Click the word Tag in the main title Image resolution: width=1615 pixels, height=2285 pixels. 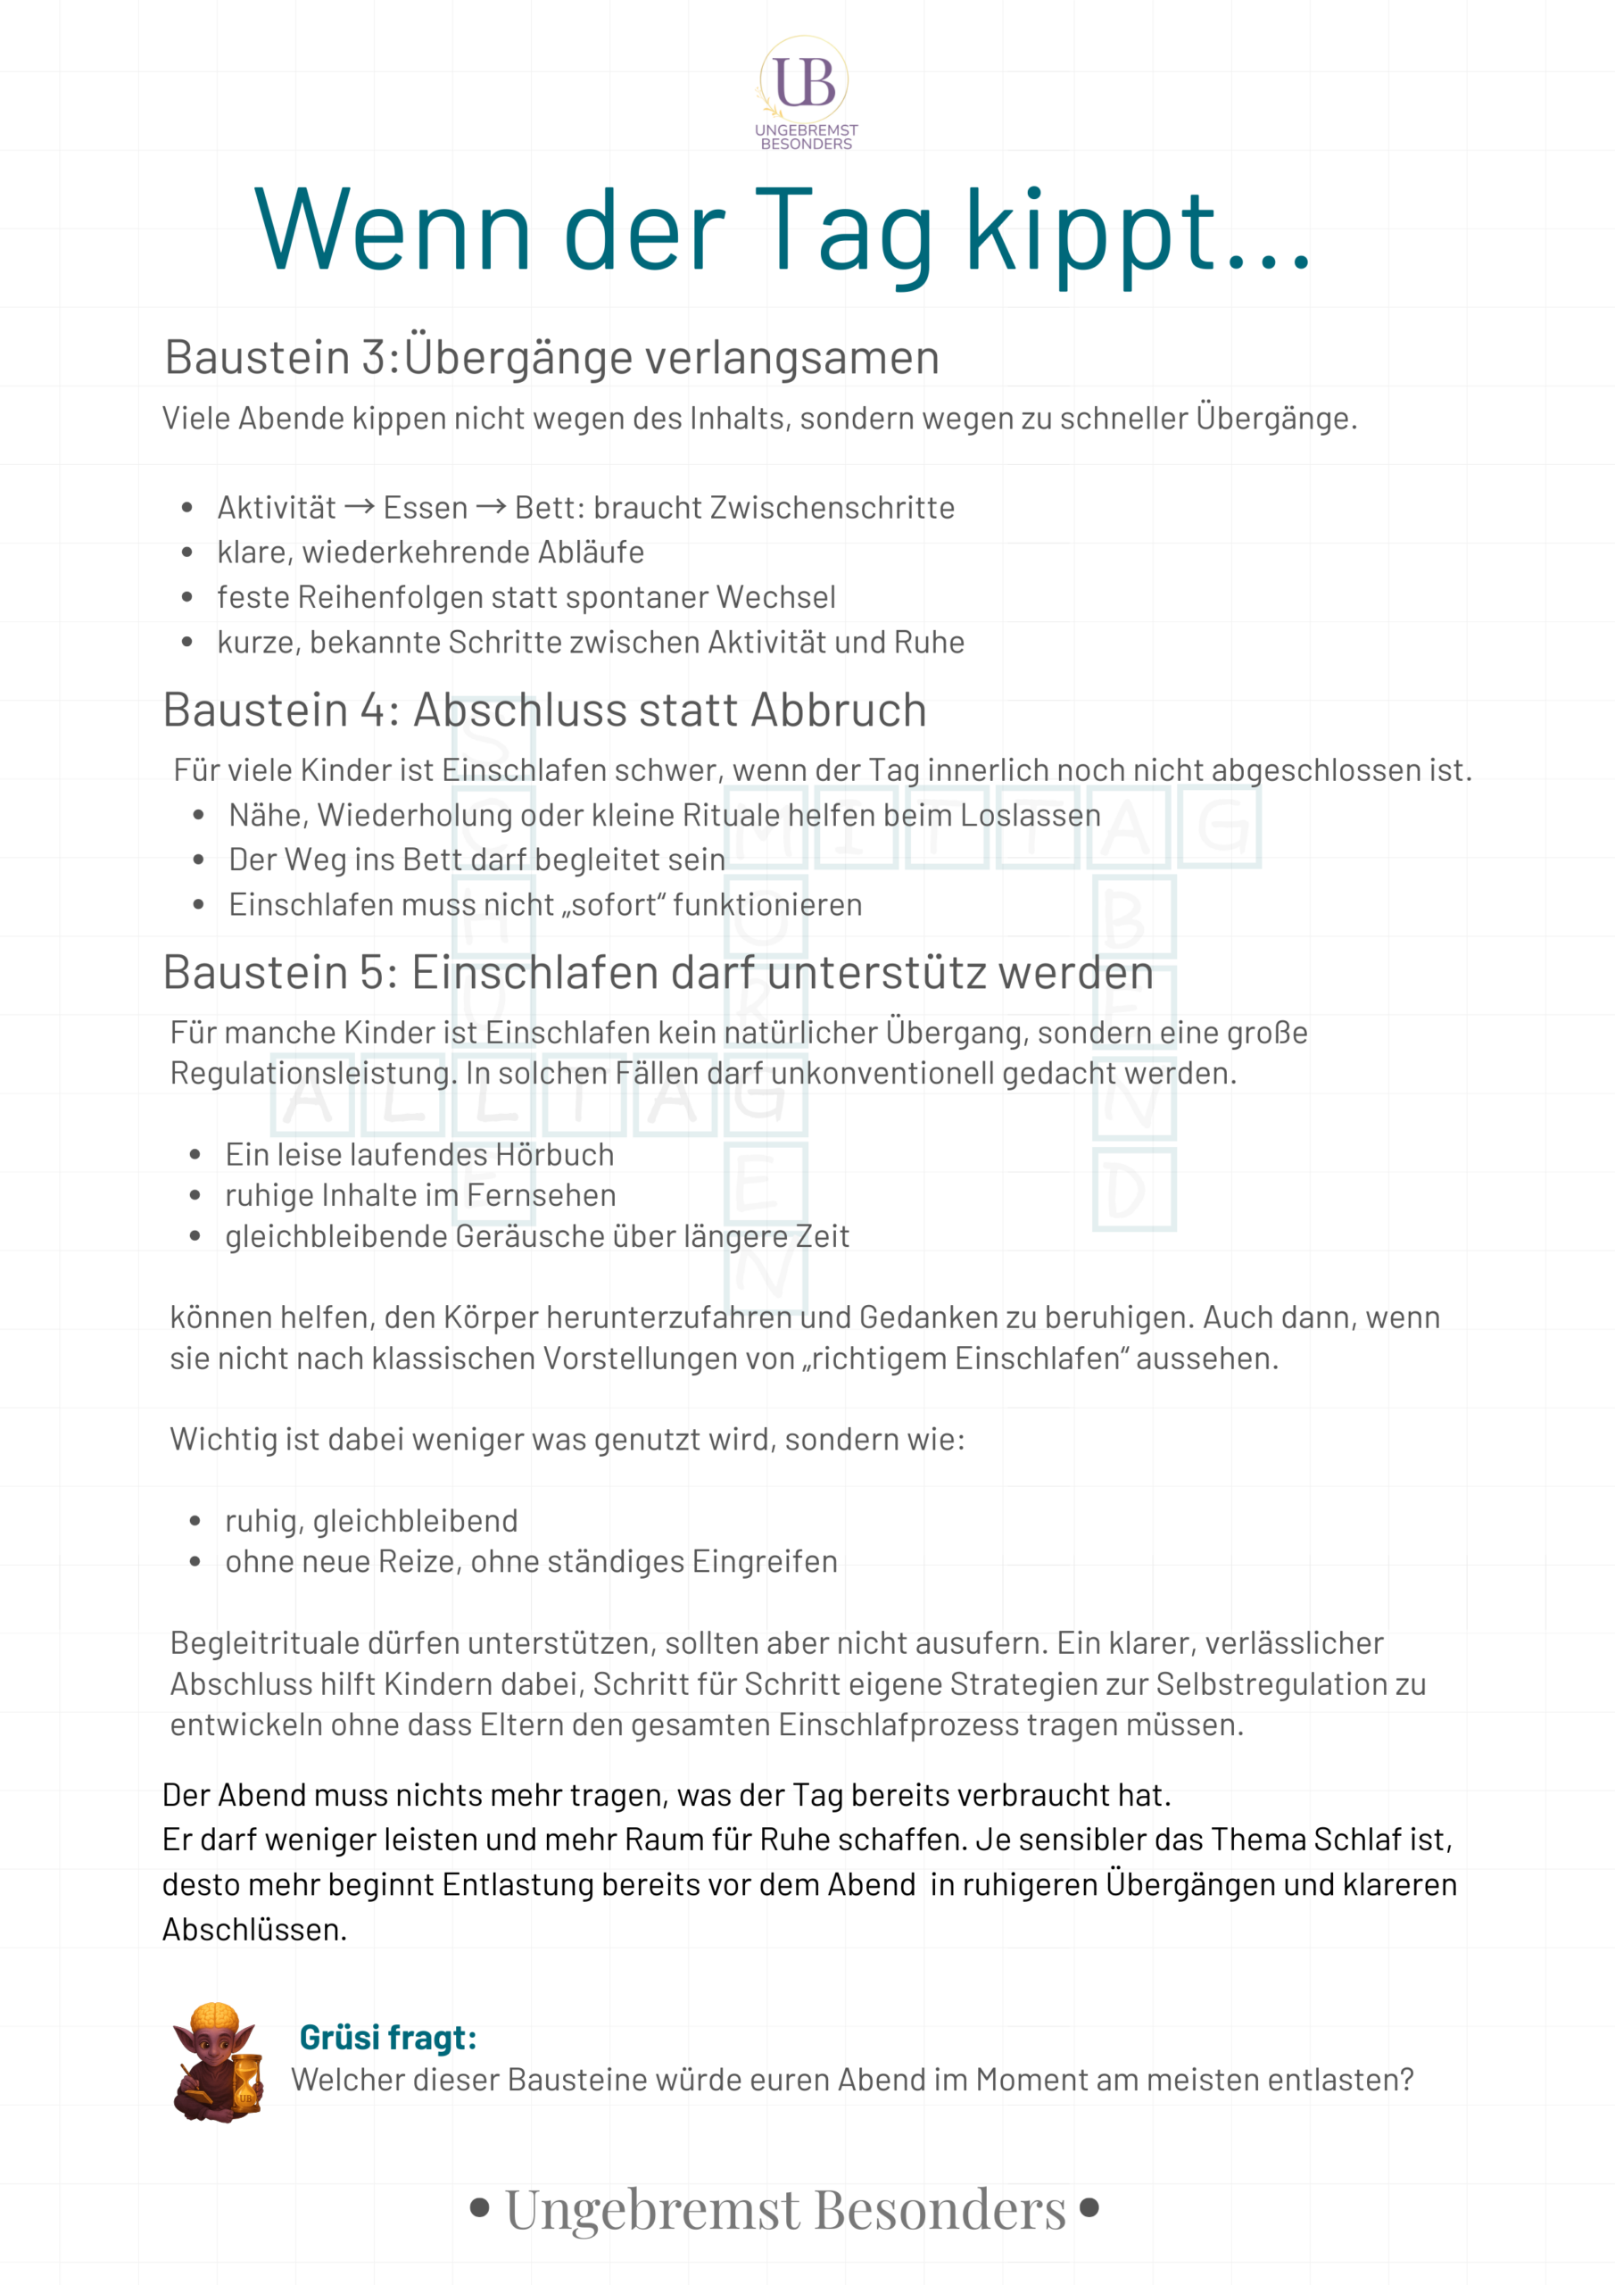pyautogui.click(x=843, y=233)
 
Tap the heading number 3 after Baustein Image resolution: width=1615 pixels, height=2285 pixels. pyautogui.click(x=374, y=357)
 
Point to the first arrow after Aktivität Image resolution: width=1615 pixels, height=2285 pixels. pyautogui.click(x=360, y=508)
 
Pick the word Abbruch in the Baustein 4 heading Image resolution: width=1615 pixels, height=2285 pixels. pyautogui.click(x=839, y=710)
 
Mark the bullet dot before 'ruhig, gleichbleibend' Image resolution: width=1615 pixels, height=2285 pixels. pyautogui.click(x=195, y=1521)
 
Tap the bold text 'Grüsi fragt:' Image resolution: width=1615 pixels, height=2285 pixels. pyautogui.click(x=388, y=2037)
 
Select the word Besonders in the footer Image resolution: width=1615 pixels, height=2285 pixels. pyautogui.click(x=940, y=2209)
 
